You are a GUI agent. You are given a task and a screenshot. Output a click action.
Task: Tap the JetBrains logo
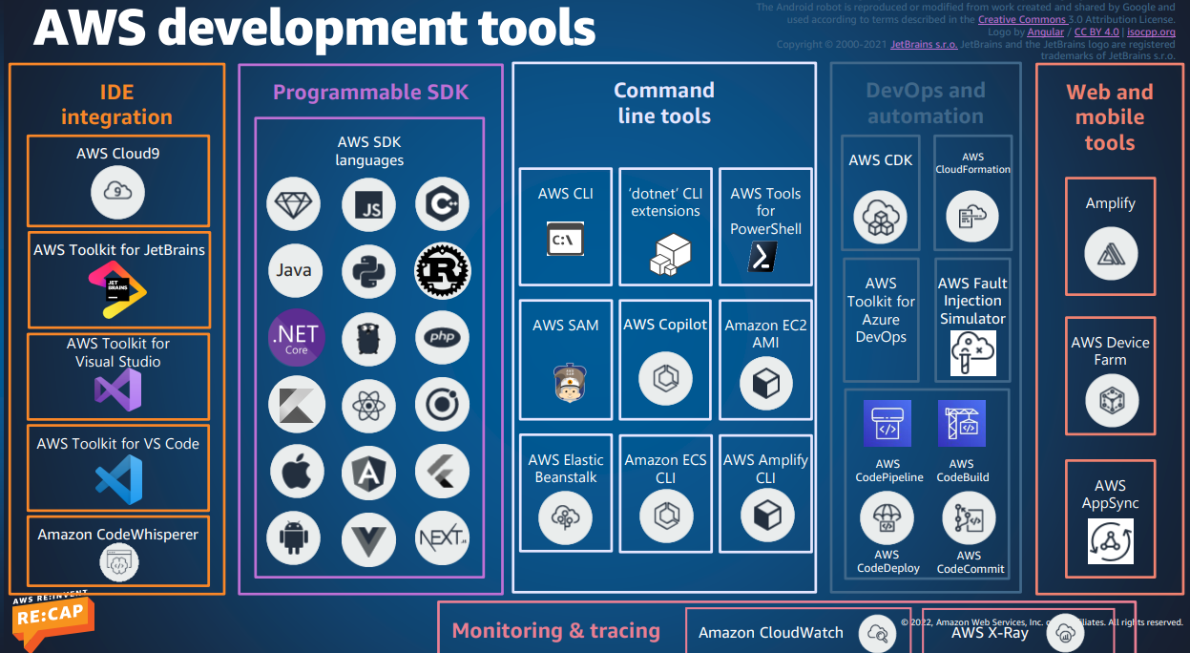[117, 290]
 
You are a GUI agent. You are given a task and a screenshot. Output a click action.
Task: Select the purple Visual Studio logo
[117, 390]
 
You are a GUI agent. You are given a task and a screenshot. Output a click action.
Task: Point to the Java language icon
[293, 270]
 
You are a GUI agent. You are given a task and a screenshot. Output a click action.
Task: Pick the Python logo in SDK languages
[367, 270]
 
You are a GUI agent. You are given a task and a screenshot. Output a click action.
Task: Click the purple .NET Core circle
[296, 338]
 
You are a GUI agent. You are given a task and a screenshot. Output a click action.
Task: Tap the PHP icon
[442, 338]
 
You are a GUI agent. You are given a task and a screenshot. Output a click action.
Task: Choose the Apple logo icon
[293, 470]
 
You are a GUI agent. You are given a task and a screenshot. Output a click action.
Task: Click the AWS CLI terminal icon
[565, 239]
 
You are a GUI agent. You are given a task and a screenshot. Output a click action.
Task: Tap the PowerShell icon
[762, 257]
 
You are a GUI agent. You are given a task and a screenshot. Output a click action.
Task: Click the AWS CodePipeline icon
[887, 423]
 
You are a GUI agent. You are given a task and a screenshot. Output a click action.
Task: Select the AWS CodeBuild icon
[961, 423]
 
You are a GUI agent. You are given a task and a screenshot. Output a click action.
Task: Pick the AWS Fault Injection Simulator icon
[972, 354]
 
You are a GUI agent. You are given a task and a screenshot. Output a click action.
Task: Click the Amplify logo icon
[1110, 253]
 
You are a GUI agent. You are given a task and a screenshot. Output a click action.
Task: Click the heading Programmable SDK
[371, 93]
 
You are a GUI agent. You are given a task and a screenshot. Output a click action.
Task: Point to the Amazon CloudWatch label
[771, 632]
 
